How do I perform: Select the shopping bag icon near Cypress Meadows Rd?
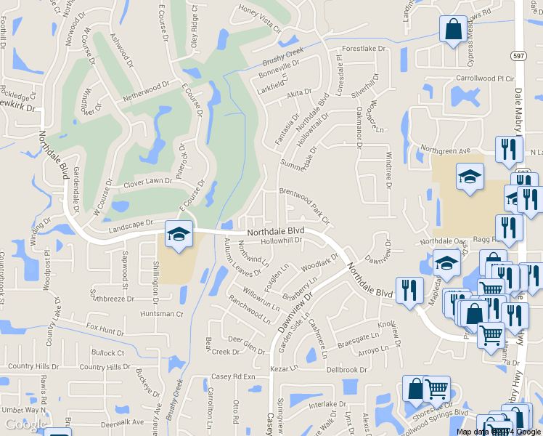point(453,30)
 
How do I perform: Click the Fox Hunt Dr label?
point(105,331)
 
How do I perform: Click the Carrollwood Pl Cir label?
point(485,77)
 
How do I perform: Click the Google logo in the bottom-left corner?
point(24,424)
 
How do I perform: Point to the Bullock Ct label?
point(109,352)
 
